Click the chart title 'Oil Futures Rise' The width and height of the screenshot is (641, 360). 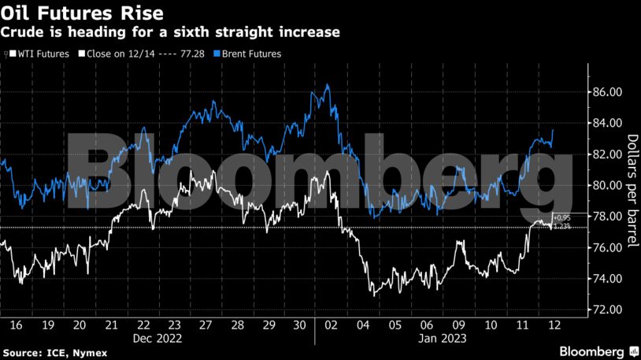pos(83,13)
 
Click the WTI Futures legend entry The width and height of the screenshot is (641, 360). pos(37,54)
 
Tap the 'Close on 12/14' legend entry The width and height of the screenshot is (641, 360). pos(146,54)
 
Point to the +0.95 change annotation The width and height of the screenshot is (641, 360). pos(561,217)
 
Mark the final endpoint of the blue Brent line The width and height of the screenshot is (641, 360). pos(554,130)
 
